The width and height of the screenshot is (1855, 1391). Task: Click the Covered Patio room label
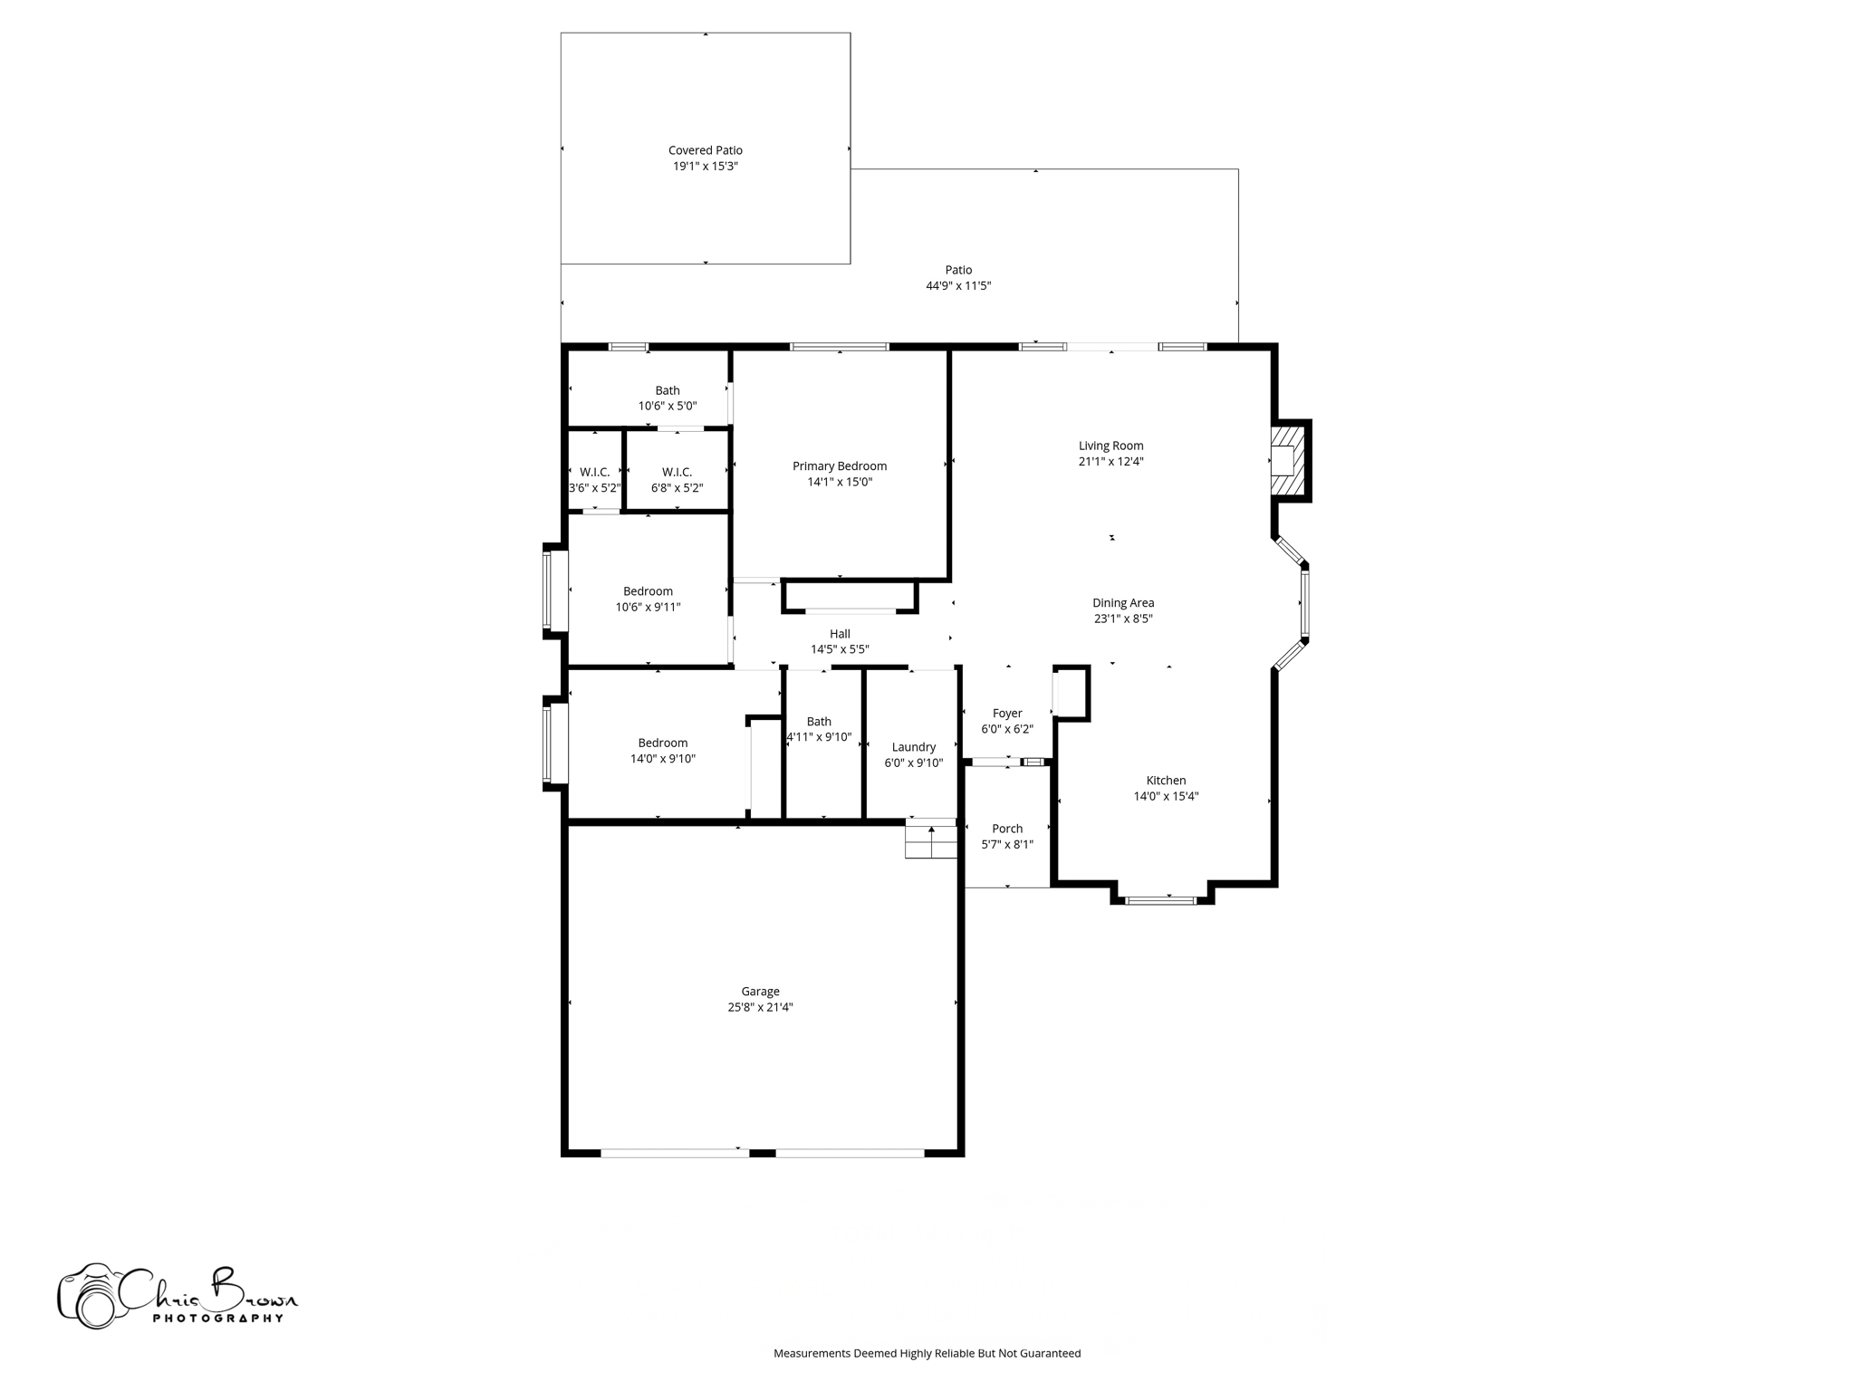705,150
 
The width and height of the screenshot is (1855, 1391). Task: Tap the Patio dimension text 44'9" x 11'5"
958,286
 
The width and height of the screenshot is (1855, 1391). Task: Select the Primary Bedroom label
839,466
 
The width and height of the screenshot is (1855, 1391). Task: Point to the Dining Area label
1122,603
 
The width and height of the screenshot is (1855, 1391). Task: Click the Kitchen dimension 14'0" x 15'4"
1166,797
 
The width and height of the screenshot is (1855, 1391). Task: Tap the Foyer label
1006,714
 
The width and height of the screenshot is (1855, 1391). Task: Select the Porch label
1006,829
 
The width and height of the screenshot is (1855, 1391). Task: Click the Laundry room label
913,747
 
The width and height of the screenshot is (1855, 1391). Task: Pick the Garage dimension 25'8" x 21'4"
760,1007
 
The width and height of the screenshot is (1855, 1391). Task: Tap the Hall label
840,634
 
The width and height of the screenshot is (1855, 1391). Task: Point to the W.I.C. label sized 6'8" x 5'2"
677,473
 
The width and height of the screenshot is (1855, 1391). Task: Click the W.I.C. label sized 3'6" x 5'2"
594,473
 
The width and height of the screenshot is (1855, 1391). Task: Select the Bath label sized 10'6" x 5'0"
668,391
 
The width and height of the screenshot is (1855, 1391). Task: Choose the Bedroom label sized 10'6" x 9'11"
648,591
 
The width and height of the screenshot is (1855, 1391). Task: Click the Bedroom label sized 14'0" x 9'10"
662,743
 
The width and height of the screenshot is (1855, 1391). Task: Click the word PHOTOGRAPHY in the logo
217,1319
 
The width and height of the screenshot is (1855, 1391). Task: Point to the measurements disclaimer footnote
927,1353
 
